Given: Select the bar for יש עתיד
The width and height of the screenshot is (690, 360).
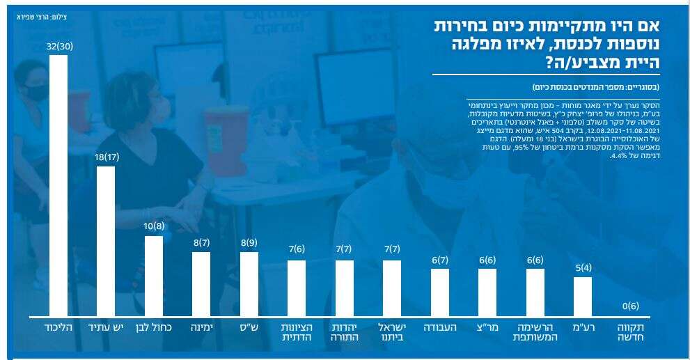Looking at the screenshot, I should pos(106,241).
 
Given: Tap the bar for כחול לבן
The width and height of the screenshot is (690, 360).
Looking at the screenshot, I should pos(154,276).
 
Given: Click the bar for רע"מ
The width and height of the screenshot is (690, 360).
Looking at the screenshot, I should pos(583,297).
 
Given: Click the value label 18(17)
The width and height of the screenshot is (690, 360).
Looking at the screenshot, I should pos(106,158).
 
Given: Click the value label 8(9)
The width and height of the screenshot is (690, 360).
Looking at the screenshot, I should pos(249,243).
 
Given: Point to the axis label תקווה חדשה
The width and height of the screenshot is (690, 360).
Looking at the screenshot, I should pos(631,331).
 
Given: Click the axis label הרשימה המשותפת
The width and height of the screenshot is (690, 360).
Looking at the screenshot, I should pos(535,331).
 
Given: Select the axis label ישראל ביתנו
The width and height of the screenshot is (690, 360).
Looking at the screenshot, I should pos(392,331).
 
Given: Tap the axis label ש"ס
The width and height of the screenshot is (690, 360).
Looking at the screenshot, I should pos(249,327).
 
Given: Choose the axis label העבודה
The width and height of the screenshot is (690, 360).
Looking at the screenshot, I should pos(440,327).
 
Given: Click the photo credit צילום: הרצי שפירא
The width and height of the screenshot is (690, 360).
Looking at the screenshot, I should pos(41,14).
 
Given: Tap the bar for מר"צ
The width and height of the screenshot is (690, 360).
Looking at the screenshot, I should pos(487,292).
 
